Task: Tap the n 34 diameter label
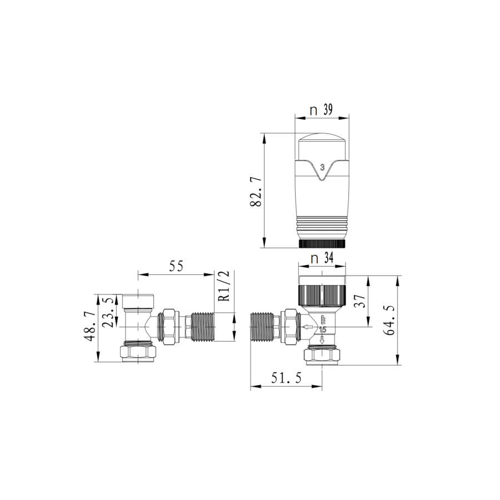pos(322,258)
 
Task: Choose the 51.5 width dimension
pos(286,379)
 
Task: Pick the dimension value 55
pos(176,266)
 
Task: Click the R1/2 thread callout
pos(223,286)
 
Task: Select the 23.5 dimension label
pos(111,312)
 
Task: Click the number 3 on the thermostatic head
pos(322,167)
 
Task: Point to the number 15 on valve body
pos(322,330)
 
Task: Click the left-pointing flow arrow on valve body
pos(307,328)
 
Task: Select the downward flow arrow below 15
pos(322,339)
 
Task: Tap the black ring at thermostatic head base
pos(323,243)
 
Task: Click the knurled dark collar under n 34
pos(323,294)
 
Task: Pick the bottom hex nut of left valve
pos(138,352)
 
